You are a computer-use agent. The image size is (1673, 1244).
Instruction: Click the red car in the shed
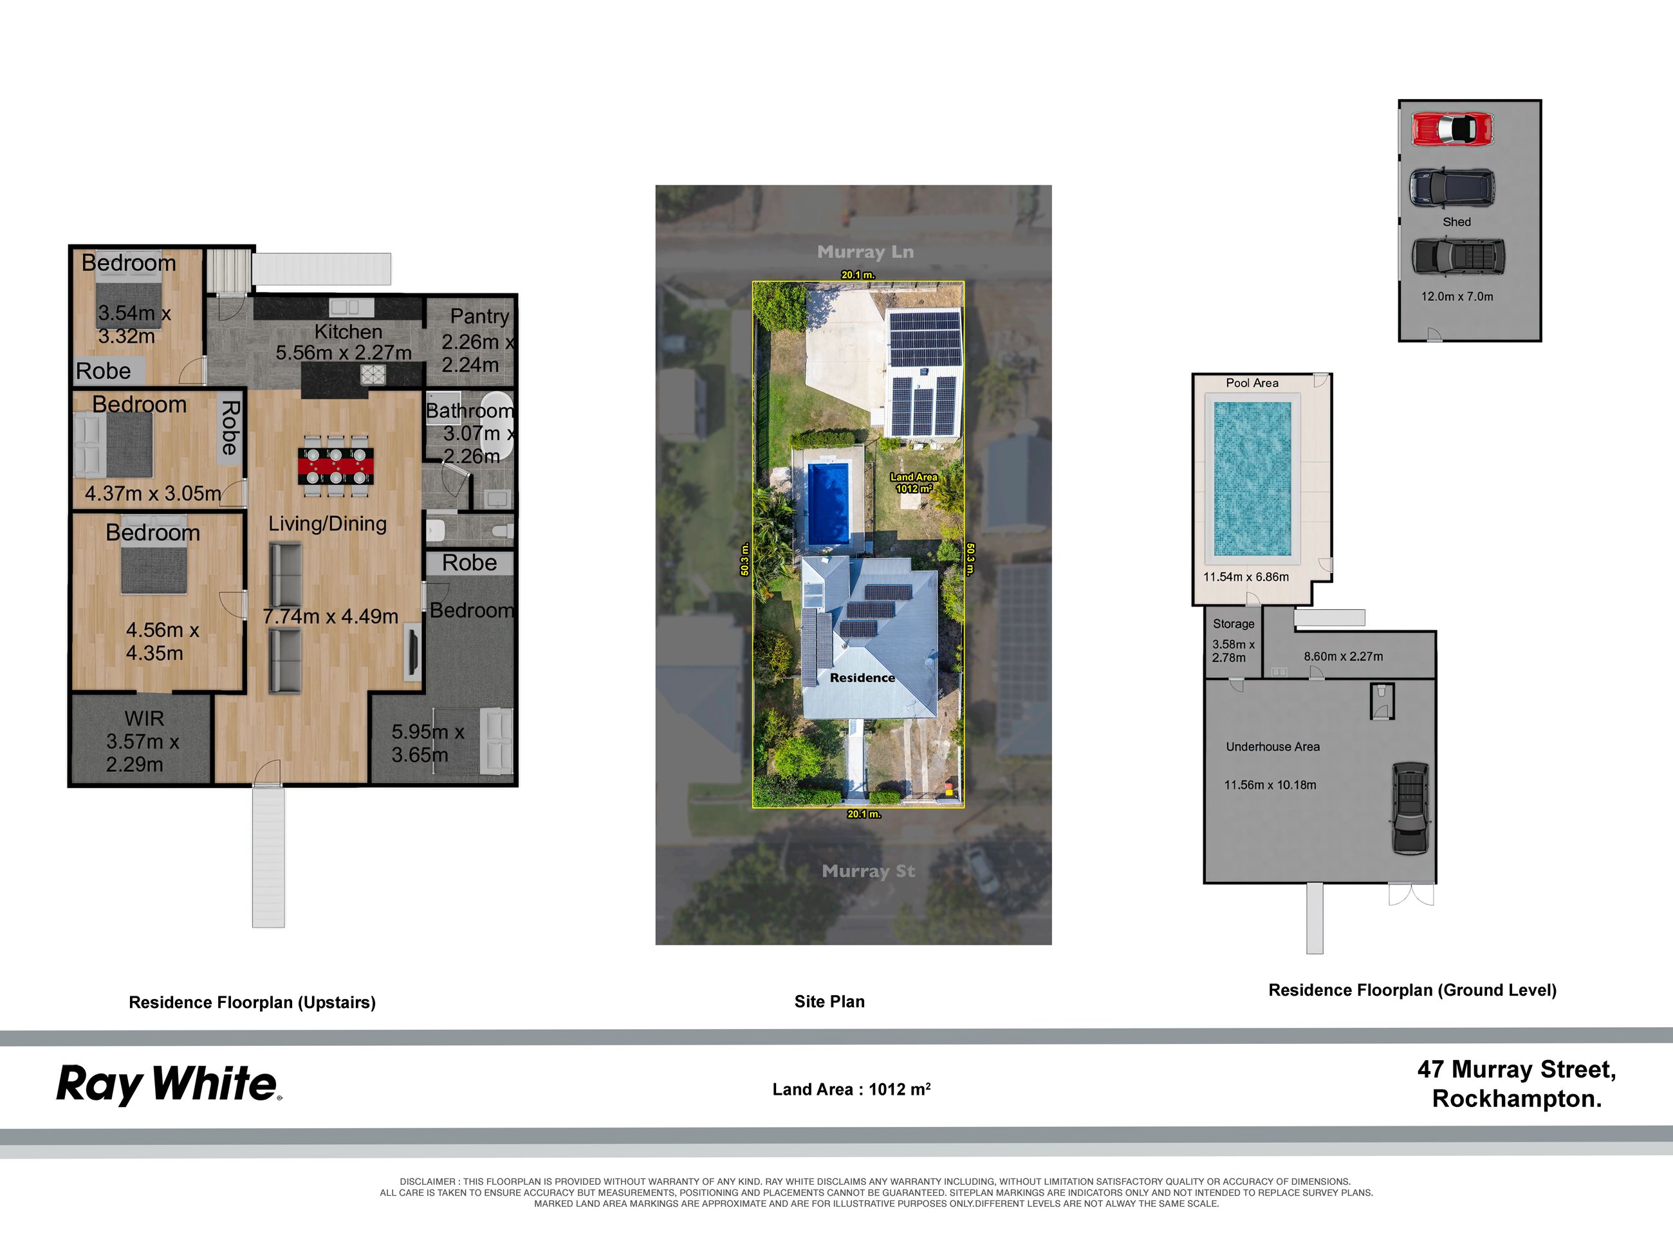[1452, 129]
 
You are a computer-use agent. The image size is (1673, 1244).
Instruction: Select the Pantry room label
[480, 316]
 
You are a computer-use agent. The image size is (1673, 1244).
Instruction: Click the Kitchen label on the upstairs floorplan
[348, 331]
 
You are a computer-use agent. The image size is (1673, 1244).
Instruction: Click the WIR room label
[144, 718]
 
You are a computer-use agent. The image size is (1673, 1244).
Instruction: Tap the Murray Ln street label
[865, 252]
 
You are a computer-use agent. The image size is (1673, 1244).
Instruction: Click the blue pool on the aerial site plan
[829, 504]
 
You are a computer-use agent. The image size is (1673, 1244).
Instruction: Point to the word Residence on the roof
[862, 678]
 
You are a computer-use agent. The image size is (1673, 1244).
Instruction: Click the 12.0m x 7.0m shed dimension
[1457, 297]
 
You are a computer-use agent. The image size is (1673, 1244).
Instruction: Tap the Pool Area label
[1252, 383]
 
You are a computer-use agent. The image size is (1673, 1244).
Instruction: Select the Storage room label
[1233, 623]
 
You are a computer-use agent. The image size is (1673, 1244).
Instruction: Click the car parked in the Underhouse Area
[1410, 808]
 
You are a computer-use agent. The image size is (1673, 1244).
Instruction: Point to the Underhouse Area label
[1272, 746]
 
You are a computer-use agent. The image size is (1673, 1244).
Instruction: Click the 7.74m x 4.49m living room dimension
[331, 616]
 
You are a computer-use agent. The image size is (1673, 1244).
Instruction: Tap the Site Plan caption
[829, 1002]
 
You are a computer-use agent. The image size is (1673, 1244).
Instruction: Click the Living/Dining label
[328, 524]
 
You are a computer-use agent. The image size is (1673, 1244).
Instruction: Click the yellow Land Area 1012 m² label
[914, 482]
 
